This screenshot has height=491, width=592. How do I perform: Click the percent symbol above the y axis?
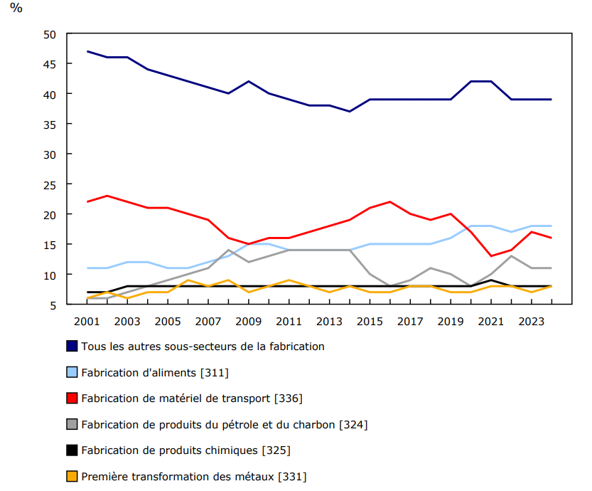coord(16,9)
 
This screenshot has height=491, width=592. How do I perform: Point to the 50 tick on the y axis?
coord(50,34)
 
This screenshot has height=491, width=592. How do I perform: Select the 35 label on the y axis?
coord(50,124)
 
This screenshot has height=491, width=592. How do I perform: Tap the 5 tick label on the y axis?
coord(53,305)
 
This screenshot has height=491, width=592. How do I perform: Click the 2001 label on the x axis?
coord(87,321)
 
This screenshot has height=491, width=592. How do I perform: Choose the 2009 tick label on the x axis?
coord(249,321)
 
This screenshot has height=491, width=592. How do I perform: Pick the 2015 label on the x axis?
coord(370,321)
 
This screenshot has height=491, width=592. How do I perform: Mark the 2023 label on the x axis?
coord(531,321)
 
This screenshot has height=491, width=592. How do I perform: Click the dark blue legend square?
coord(72,347)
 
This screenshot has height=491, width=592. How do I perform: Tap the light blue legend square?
coord(72,372)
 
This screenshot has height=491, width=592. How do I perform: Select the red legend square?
coord(72,398)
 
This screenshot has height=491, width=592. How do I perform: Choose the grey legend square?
coord(72,425)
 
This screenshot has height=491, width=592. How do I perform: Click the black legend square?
coord(72,450)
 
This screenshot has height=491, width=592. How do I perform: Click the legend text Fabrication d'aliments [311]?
coord(155,372)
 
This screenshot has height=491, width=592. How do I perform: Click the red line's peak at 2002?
coord(107,196)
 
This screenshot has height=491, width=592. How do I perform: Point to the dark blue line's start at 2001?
coord(87,51)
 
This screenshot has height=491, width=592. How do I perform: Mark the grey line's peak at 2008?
coord(228,250)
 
